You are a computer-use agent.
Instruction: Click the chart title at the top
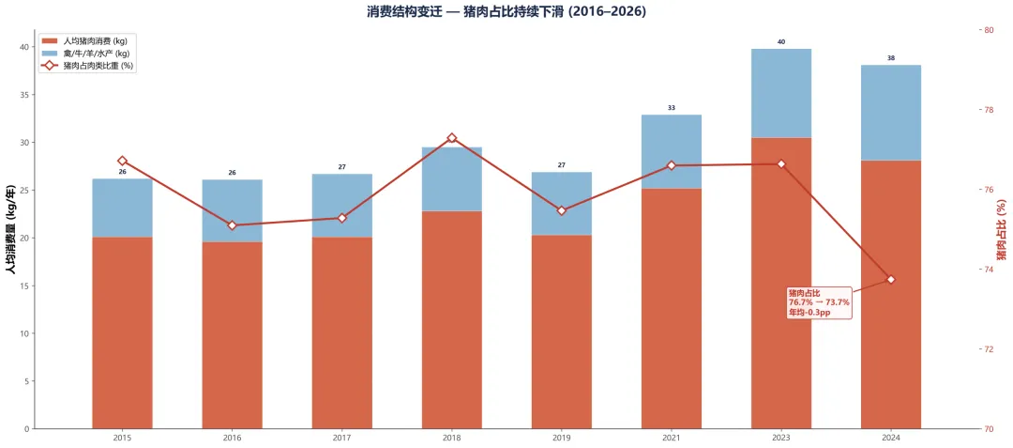click(506, 12)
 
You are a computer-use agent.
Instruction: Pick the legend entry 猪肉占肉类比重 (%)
click(88, 66)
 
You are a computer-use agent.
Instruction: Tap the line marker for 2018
click(451, 138)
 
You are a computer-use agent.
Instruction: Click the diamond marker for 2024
click(891, 279)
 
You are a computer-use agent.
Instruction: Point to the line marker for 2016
click(232, 225)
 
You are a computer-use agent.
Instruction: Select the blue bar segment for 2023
click(781, 93)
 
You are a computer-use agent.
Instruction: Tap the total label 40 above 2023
click(781, 42)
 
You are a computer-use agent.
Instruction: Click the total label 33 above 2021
click(672, 108)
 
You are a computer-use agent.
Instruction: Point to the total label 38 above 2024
click(891, 58)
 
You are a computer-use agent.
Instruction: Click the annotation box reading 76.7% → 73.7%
click(819, 302)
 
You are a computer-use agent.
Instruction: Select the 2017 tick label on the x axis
click(341, 438)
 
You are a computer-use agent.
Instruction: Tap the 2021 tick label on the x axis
click(672, 438)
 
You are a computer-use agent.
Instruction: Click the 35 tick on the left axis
click(23, 95)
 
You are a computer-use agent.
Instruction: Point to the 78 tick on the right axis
click(990, 110)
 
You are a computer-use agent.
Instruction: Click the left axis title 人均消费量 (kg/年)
click(11, 229)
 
